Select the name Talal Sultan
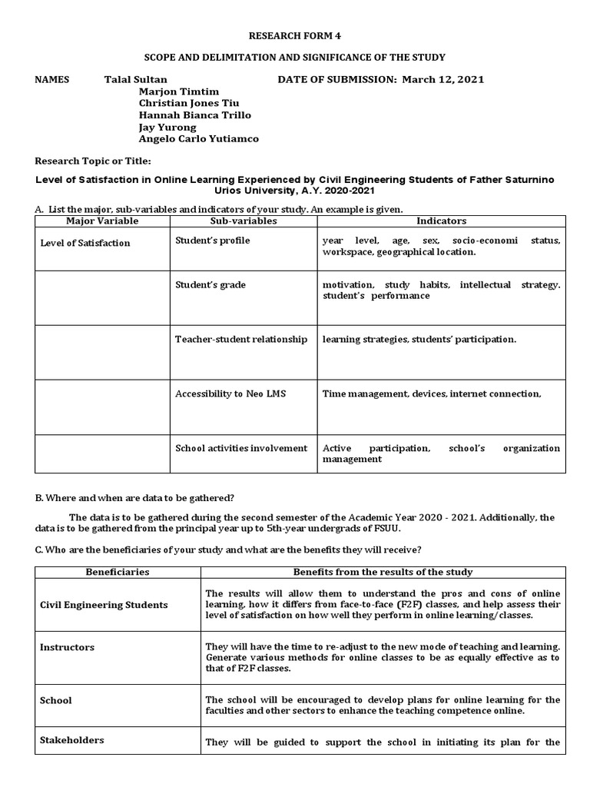[135, 80]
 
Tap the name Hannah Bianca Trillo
[194, 115]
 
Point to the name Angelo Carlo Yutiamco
[198, 139]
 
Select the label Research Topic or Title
[94, 161]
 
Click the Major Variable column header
[102, 221]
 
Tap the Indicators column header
[441, 221]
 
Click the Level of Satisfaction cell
[85, 243]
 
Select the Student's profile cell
[212, 241]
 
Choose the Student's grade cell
[210, 285]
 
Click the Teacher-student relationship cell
[241, 339]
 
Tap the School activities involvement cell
[241, 448]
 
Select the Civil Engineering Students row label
[104, 605]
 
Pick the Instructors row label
[67, 647]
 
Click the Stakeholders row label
[71, 740]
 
